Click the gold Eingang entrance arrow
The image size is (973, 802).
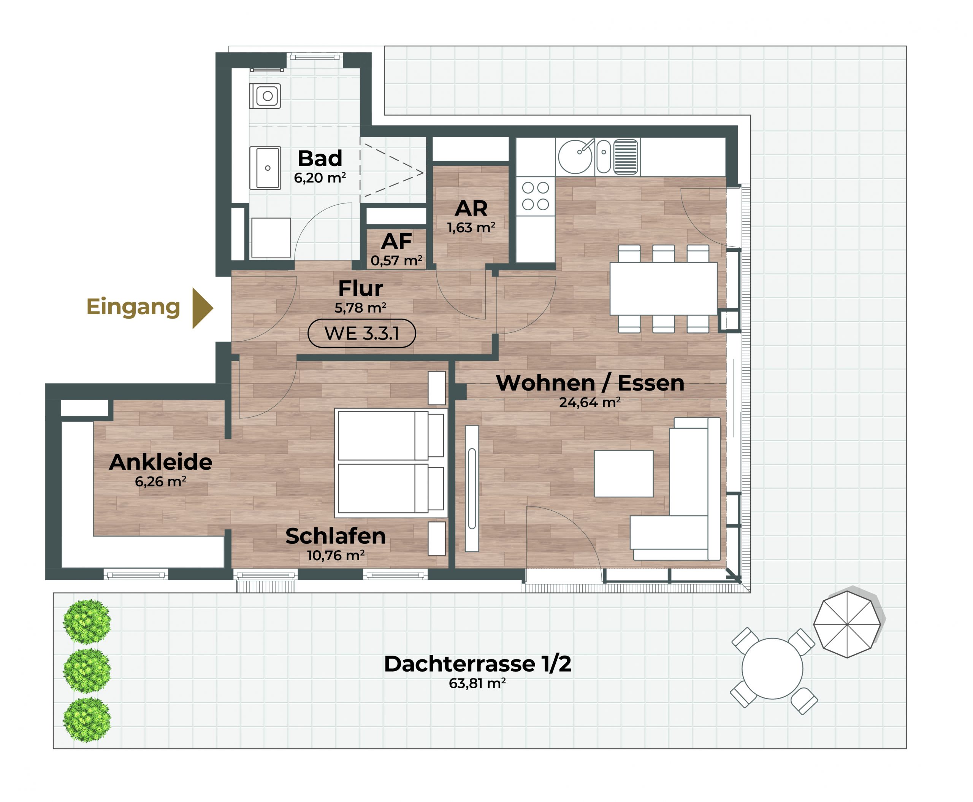[202, 308]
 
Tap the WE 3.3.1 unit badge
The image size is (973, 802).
[361, 333]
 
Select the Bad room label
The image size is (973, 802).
[320, 159]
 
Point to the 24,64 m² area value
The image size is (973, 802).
[590, 402]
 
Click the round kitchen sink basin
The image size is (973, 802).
[575, 157]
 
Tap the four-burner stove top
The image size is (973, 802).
[535, 196]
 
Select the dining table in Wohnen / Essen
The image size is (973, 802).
[663, 289]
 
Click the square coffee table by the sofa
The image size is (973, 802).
[623, 473]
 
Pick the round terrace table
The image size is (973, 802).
[772, 669]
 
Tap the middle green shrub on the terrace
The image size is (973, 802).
[87, 670]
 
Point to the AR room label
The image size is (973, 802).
[471, 208]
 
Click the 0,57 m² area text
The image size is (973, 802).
[396, 260]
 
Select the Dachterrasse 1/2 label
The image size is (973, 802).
[477, 664]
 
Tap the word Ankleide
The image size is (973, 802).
[161, 462]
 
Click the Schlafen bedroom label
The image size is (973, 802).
[335, 536]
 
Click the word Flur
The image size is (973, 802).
[360, 289]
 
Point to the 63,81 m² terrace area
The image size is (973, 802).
[477, 683]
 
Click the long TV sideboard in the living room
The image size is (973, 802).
[472, 488]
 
